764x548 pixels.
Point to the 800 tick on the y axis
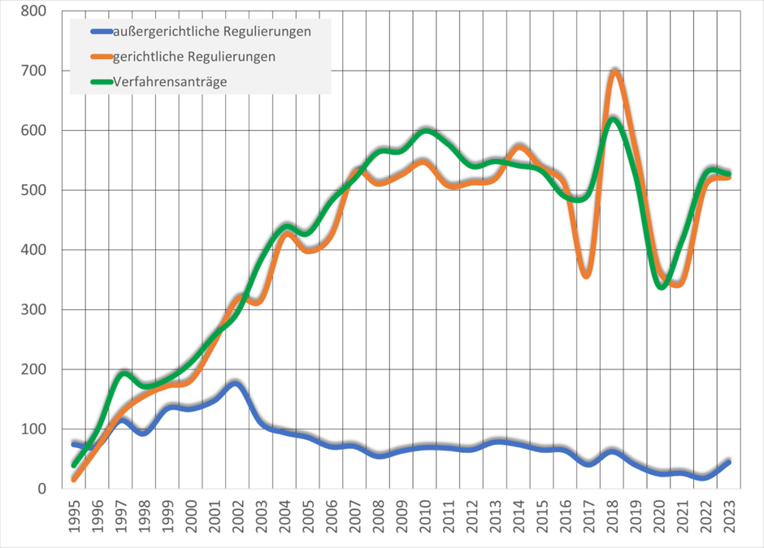point(33,12)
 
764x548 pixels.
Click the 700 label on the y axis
point(33,71)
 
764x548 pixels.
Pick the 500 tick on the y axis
point(33,191)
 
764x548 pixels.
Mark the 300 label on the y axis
point(33,309)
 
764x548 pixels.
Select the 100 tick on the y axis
point(33,429)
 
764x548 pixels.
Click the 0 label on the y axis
point(41,488)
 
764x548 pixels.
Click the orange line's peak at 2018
point(615,71)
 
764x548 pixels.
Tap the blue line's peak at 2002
point(235,382)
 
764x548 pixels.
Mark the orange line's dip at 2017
point(587,275)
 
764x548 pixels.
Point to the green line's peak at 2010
point(426,129)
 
